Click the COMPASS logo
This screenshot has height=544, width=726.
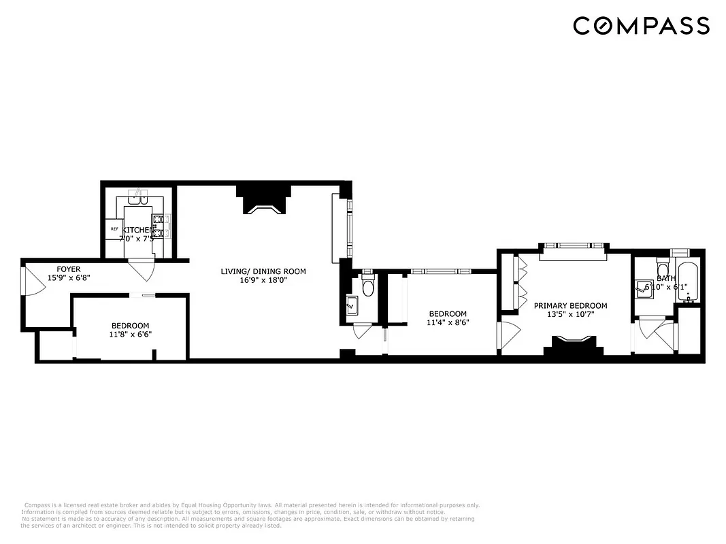[641, 26]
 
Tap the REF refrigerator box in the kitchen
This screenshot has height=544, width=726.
[114, 229]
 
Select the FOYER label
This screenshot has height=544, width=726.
[69, 269]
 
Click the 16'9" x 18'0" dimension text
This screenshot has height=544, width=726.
[263, 281]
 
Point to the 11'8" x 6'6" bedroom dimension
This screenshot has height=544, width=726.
[130, 335]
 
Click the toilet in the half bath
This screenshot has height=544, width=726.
[368, 286]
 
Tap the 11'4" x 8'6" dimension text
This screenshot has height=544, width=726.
[447, 323]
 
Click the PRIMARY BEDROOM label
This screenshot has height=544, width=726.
[570, 306]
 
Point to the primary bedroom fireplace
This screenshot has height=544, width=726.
[573, 344]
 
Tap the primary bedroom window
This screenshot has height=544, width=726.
[573, 246]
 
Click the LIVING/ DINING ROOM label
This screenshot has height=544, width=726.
[263, 271]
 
